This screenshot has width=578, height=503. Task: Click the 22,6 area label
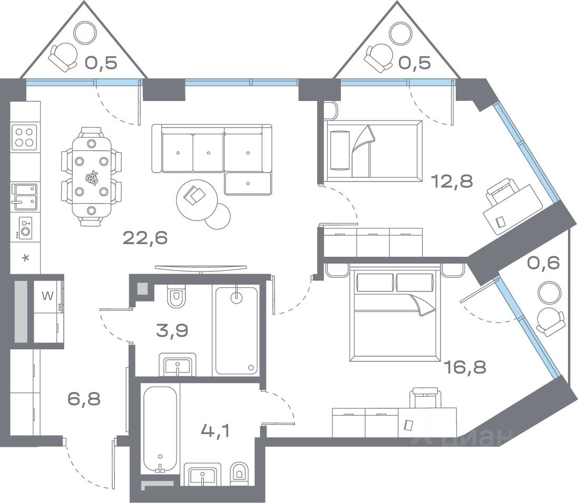145,238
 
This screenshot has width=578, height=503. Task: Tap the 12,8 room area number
452,181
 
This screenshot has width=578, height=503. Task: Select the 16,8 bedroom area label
466,367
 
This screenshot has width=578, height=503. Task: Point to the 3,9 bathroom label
172,330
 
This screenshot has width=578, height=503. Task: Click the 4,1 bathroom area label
215,430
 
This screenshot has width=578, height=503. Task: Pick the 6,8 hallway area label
84,398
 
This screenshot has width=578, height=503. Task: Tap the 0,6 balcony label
543,263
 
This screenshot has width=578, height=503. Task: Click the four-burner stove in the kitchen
24,137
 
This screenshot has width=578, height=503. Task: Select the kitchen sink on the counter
25,197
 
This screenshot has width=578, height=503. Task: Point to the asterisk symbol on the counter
25,258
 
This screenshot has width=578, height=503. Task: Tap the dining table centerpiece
92,177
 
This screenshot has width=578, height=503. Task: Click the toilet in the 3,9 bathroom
176,296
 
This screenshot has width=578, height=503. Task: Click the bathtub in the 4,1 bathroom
160,429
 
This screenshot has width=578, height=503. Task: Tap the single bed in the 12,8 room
373,151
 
